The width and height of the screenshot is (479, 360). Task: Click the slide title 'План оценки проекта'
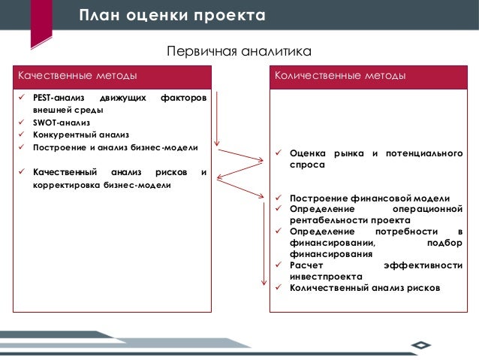pos(172,16)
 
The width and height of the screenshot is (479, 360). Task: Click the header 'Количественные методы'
pos(341,77)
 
